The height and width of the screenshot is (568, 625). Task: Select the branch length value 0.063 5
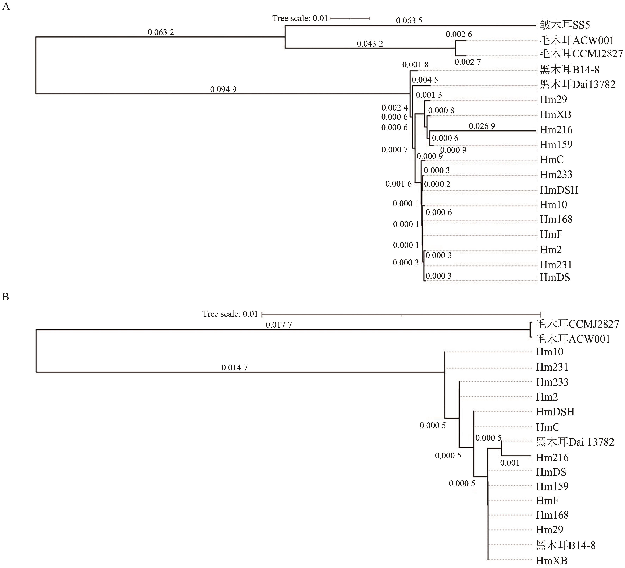pos(409,20)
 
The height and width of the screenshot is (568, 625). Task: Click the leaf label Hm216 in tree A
pos(556,130)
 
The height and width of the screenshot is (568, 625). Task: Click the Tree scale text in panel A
pos(300,18)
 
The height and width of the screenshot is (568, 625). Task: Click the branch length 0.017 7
pos(279,325)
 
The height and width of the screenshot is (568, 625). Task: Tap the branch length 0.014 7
pos(234,368)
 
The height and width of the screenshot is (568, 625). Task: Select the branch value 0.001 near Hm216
pos(510,463)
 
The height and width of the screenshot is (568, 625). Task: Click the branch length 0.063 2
pos(161,32)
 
